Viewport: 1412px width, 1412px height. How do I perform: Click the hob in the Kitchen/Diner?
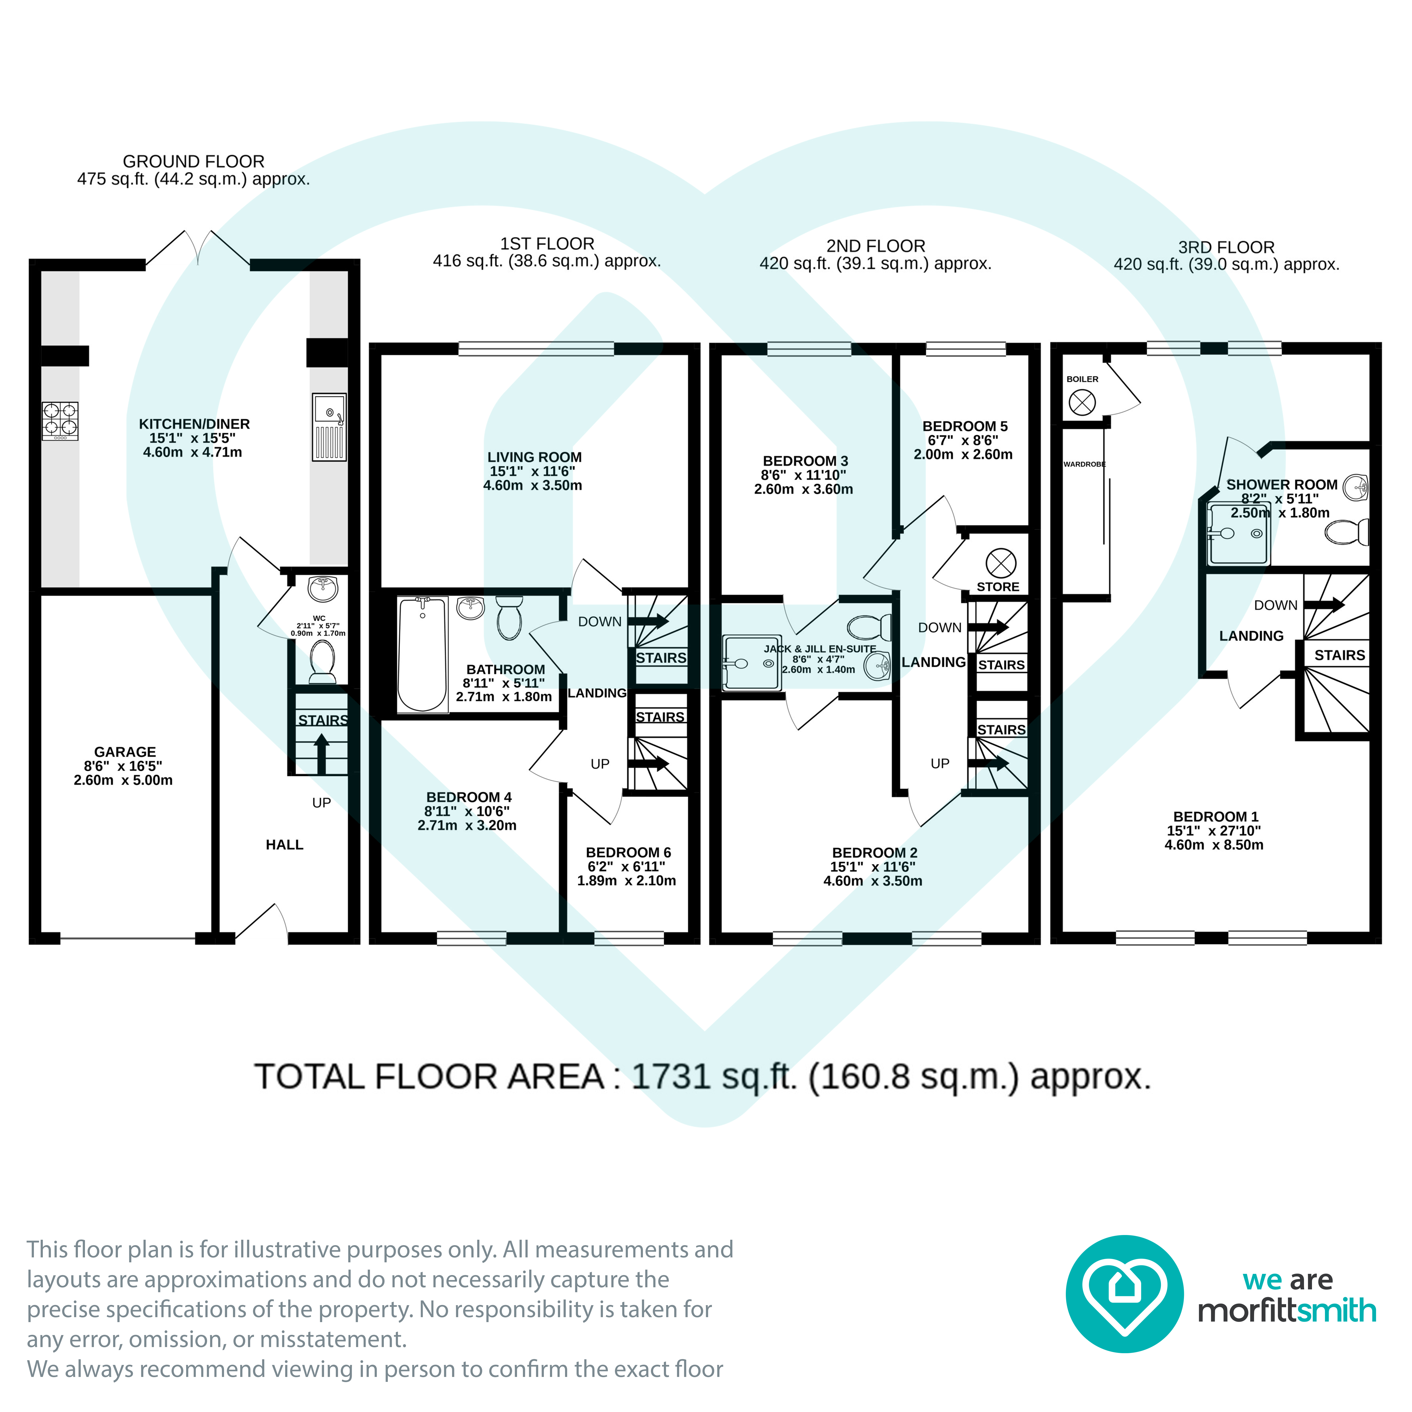pyautogui.click(x=60, y=421)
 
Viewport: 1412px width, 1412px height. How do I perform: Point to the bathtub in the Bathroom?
pyautogui.click(x=422, y=654)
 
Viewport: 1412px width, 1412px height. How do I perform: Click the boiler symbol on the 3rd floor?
pyautogui.click(x=1082, y=403)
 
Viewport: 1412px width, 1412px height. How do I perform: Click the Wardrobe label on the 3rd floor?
pyautogui.click(x=1085, y=464)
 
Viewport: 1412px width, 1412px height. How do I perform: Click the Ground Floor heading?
pyautogui.click(x=194, y=161)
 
